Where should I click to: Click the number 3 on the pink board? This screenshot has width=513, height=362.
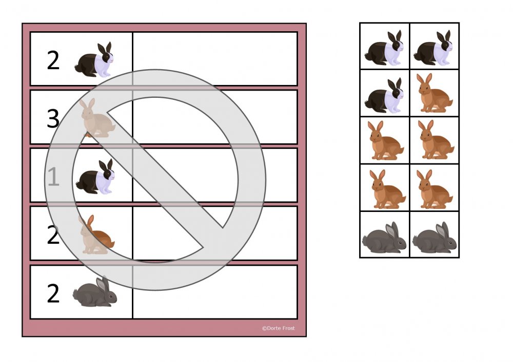[53, 118]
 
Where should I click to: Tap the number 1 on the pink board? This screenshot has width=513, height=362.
[53, 177]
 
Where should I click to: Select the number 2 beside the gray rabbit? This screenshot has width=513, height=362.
[53, 293]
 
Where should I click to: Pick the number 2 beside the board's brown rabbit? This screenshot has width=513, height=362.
[53, 235]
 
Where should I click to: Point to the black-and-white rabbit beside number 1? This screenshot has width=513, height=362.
[95, 176]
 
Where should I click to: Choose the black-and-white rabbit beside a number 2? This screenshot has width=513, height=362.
[94, 59]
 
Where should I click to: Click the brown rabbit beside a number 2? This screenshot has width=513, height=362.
[96, 234]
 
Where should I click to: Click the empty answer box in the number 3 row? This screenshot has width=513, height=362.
[215, 117]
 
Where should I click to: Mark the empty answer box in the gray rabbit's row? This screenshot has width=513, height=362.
[215, 292]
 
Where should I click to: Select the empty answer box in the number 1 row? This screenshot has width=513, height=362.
[215, 175]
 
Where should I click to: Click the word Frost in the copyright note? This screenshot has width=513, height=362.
[288, 328]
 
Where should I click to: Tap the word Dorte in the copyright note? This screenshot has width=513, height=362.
[273, 328]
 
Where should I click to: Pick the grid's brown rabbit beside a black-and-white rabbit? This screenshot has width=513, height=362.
[435, 93]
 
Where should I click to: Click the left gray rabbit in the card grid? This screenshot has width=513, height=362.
[384, 237]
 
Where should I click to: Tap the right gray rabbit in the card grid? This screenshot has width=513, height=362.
[435, 237]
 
